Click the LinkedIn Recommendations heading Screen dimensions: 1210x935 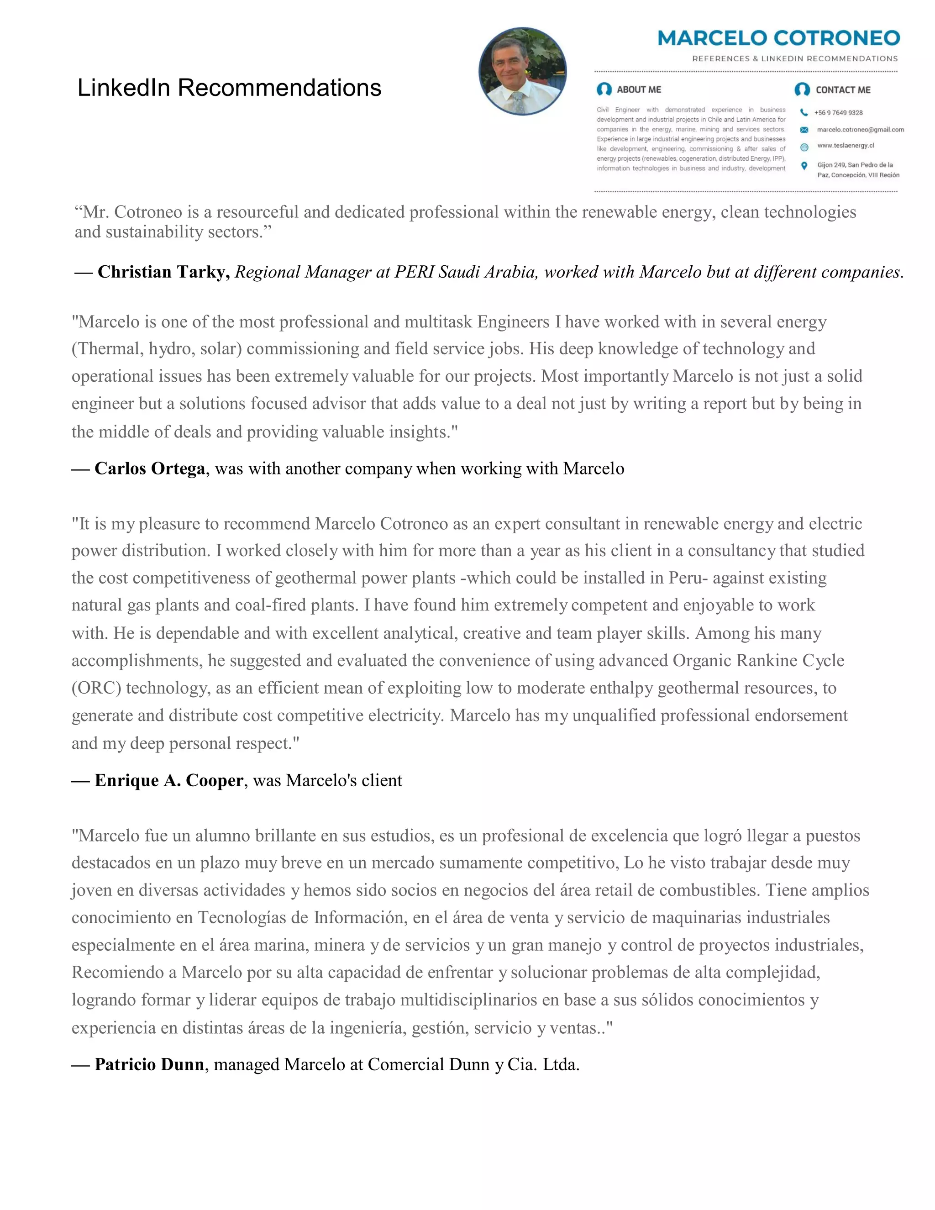pyautogui.click(x=229, y=88)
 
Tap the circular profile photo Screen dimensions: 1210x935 pyautogui.click(x=522, y=72)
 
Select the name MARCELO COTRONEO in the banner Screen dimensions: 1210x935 pyautogui.click(x=778, y=38)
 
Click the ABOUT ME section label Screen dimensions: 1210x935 pyautogui.click(x=639, y=90)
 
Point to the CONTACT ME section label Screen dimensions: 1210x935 pyautogui.click(x=842, y=90)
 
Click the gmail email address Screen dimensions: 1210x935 pyautogui.click(x=860, y=130)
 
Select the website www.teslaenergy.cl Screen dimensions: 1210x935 pyautogui.click(x=845, y=146)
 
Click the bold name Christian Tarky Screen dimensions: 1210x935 pyautogui.click(x=163, y=272)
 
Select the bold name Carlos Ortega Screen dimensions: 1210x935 pyautogui.click(x=150, y=469)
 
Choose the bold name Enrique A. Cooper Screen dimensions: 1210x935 pyautogui.click(x=168, y=781)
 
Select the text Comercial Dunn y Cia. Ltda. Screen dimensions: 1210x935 pyautogui.click(x=473, y=1065)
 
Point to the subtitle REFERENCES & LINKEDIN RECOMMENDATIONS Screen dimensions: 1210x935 pyautogui.click(x=795, y=59)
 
